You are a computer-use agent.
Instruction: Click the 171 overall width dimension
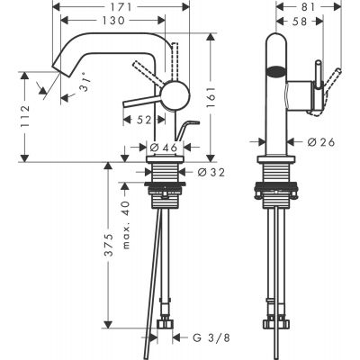(126, 7)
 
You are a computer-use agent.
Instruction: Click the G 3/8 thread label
(196, 339)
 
